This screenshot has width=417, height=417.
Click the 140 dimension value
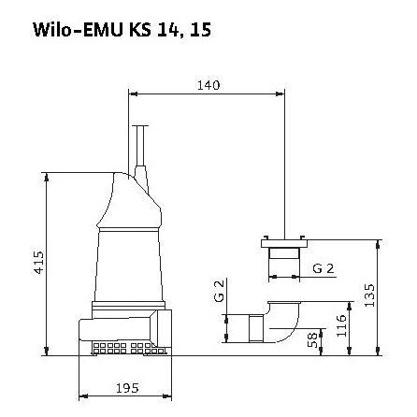click(x=208, y=85)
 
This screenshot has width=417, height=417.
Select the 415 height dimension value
click(x=39, y=263)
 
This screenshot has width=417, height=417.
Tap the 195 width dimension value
click(x=127, y=388)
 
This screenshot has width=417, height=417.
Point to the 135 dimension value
click(x=369, y=295)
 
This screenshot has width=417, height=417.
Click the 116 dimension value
click(x=341, y=325)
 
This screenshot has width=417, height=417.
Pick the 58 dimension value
click(x=312, y=339)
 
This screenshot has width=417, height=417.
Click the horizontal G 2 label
click(x=324, y=268)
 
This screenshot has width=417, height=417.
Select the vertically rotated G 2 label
click(x=219, y=291)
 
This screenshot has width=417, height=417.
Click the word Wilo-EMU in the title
click(x=78, y=30)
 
